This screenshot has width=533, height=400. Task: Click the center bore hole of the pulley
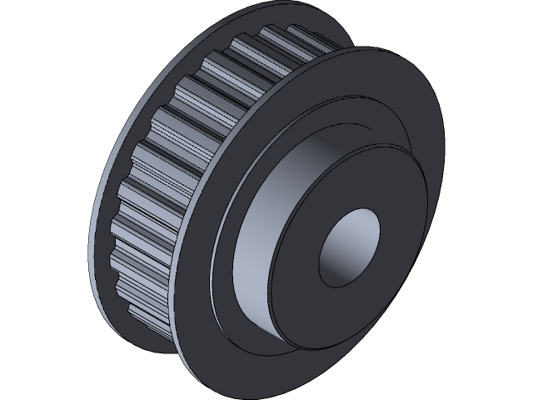pos(348,246)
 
